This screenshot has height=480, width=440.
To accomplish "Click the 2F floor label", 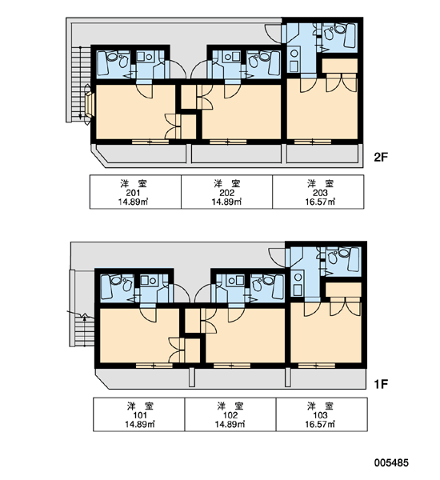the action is coord(381,157).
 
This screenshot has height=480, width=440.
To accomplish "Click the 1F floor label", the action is coord(381,383).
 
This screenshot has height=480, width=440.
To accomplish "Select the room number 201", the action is coord(133,193).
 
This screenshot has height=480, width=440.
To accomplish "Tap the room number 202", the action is coord(227,193).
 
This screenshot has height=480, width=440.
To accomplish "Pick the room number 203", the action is coord(320,193).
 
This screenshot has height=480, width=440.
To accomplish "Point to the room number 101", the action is coord(140,415).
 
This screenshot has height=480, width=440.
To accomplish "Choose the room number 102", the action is coord(230,415).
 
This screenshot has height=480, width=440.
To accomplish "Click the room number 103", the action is coord(320,415).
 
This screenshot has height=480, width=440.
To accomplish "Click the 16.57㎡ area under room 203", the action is coord(320,202).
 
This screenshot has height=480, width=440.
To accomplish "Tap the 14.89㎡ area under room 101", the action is coord(140,424).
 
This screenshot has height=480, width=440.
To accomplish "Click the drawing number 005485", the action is coord(391,462).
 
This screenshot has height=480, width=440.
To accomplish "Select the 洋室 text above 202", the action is coord(227,184).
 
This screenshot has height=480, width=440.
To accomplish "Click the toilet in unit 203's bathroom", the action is coord(328,33).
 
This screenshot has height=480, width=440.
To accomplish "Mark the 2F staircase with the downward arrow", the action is coord(81,83).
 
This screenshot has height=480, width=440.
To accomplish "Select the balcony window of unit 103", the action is coord(317,366).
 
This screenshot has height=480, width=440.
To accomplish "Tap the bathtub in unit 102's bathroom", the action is coord(278,286).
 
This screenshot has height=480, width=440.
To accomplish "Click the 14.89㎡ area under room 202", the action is coord(227,202).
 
